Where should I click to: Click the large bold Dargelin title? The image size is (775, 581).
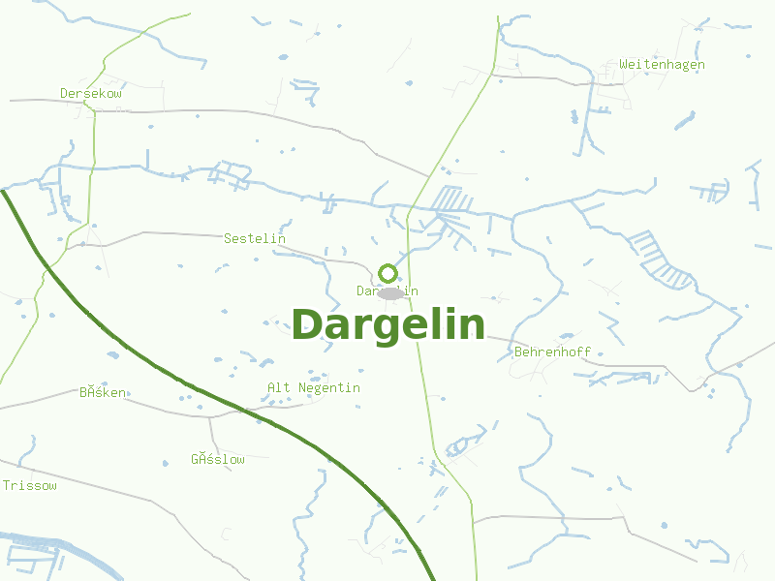pyautogui.click(x=387, y=324)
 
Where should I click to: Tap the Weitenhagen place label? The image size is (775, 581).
pyautogui.click(x=662, y=65)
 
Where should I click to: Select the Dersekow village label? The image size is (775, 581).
pyautogui.click(x=91, y=94)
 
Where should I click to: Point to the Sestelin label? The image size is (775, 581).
pyautogui.click(x=255, y=238)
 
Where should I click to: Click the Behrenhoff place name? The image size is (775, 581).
pyautogui.click(x=553, y=352)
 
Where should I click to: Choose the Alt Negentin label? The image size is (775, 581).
pyautogui.click(x=314, y=388)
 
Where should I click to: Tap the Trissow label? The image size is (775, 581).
pyautogui.click(x=29, y=485)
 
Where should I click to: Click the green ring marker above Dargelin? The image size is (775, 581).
pyautogui.click(x=388, y=273)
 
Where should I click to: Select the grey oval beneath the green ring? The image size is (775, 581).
pyautogui.click(x=390, y=293)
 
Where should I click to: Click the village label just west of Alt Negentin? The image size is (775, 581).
pyautogui.click(x=103, y=393)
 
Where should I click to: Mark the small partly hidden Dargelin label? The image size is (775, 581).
pyautogui.click(x=387, y=290)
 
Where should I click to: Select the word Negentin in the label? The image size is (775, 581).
pyautogui.click(x=326, y=388)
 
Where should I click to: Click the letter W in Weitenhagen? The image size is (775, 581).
pyautogui.click(x=624, y=65)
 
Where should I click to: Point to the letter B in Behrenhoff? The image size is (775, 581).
pyautogui.click(x=519, y=352)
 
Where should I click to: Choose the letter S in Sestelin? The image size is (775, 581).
pyautogui.click(x=228, y=238)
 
